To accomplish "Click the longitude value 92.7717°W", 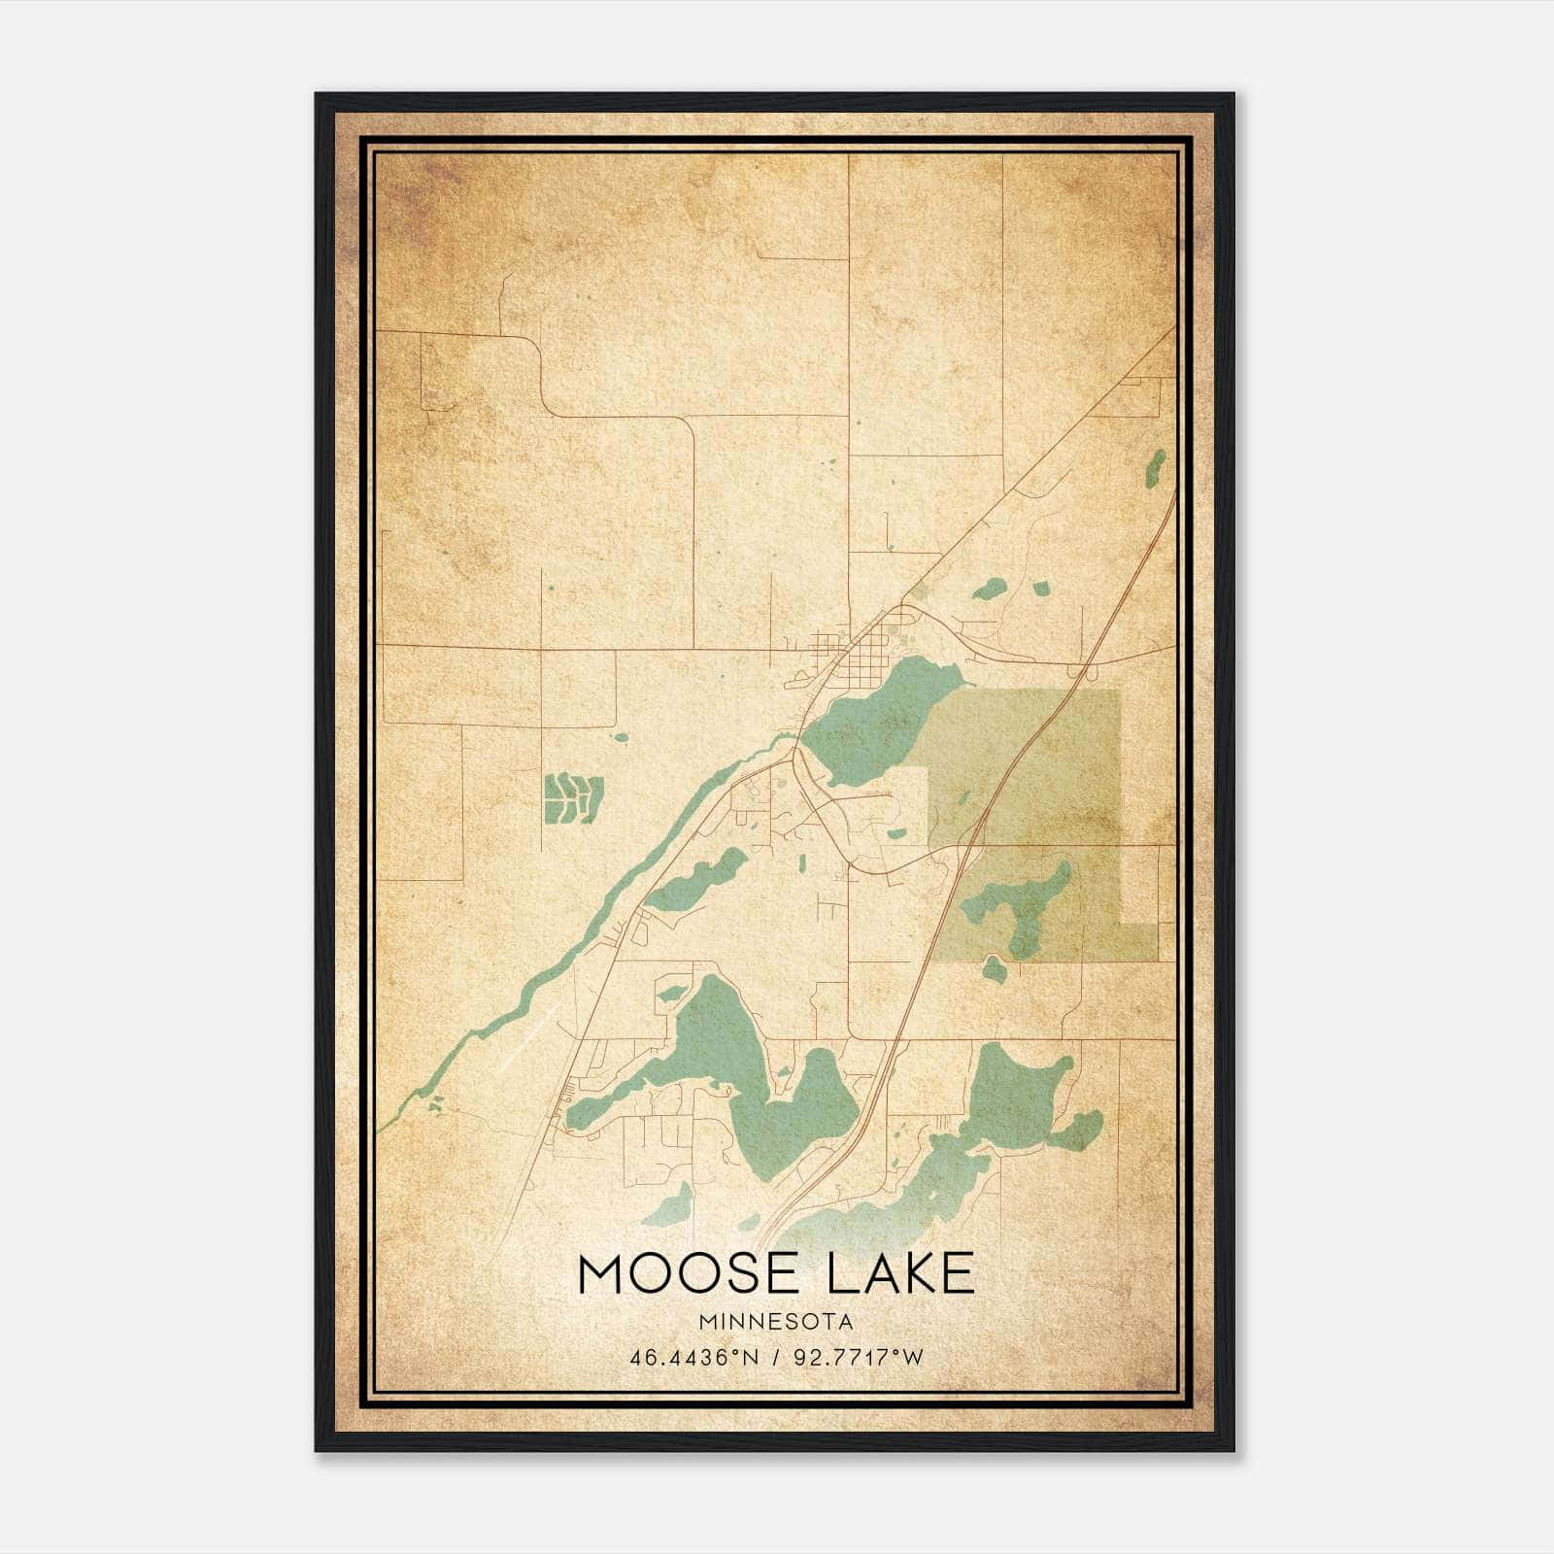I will point(859,1357).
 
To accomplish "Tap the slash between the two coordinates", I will point(773,1357).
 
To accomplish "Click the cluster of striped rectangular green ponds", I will point(573,797).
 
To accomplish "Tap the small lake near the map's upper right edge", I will point(1156,468).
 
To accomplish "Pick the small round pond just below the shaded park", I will point(995,968).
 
